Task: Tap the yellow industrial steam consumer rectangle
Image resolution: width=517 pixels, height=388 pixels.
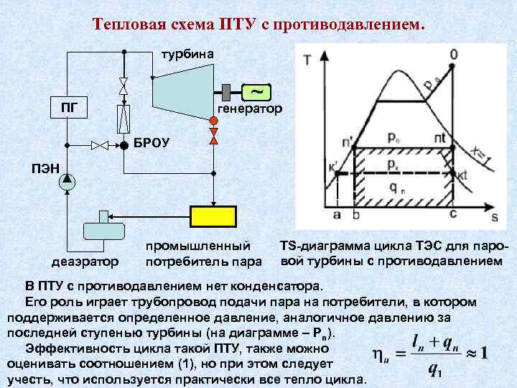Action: tap(213, 216)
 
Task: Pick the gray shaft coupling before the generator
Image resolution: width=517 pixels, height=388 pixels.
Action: tap(225, 92)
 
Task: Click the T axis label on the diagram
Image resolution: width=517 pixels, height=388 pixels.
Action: tap(308, 60)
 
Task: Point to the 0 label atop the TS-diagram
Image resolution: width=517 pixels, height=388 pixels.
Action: tap(454, 54)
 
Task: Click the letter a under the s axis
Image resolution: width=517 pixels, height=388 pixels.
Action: tap(336, 214)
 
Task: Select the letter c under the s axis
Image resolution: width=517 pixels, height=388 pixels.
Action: tap(452, 214)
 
